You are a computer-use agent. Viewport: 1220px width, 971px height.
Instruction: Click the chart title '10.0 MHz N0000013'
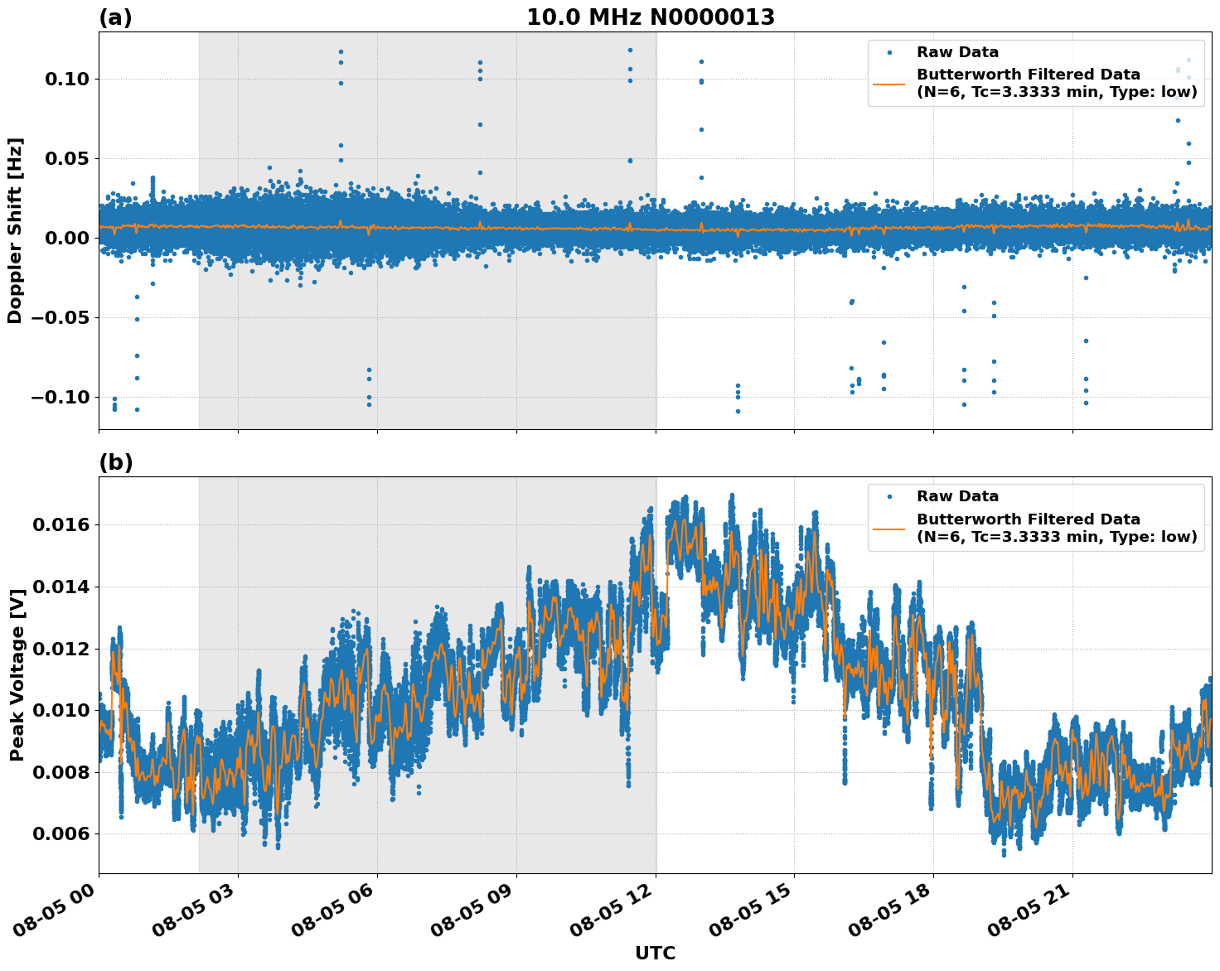pos(651,17)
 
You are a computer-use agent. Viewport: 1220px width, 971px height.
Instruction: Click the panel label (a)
pos(115,17)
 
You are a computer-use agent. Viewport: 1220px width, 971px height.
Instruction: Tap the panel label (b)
pos(115,462)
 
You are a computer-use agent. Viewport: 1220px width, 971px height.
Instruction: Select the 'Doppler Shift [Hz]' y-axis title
pos(15,230)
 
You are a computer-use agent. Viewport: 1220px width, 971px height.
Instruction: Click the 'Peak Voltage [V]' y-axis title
pos(17,674)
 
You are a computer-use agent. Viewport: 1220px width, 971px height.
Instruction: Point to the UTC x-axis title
pos(655,953)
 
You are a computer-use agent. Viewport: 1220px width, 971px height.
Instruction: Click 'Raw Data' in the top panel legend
pos(957,52)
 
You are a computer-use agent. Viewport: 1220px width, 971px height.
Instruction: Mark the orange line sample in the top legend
pos(889,84)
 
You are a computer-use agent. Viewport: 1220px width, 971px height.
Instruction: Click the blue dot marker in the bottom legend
pos(889,496)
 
